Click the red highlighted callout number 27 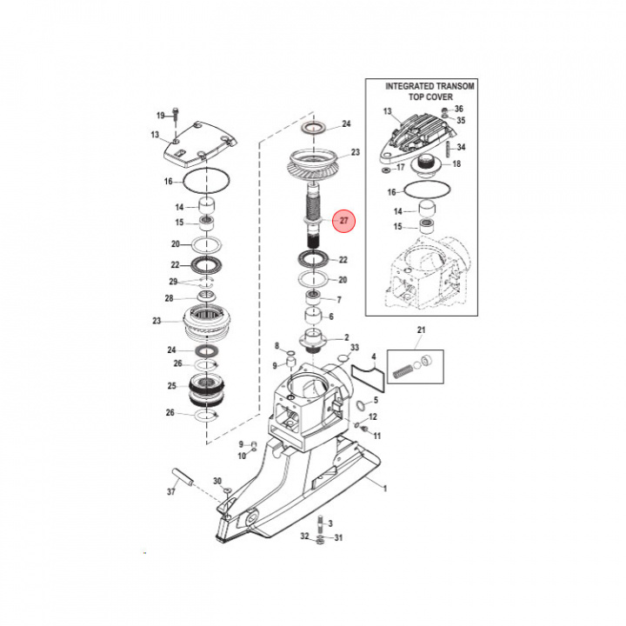point(343,220)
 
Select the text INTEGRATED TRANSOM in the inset point(430,86)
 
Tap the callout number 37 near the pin point(171,491)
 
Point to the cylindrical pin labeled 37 point(183,477)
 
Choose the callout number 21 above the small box point(421,330)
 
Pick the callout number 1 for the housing point(385,489)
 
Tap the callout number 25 point(171,386)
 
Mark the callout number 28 point(169,298)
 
